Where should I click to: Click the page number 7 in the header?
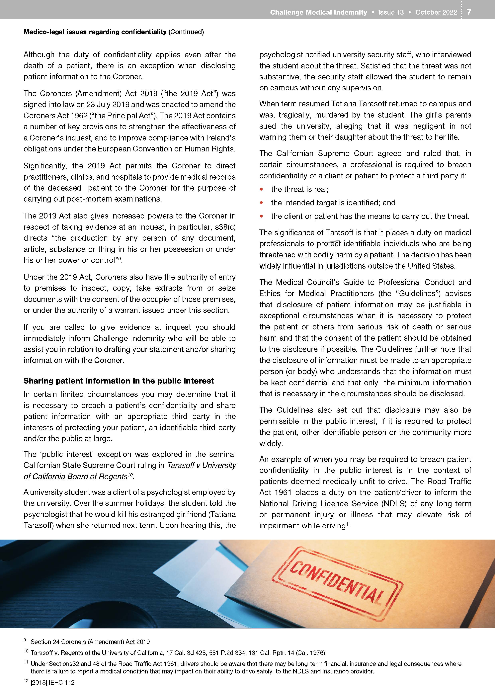pyautogui.click(x=469, y=12)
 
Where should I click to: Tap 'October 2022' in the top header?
pyautogui.click(x=436, y=12)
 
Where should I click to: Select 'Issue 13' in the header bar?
pyautogui.click(x=391, y=12)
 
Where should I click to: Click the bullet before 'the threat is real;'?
pyautogui.click(x=261, y=189)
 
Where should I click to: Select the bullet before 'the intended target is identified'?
pyautogui.click(x=261, y=203)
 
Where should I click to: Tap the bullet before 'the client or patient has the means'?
pyautogui.click(x=261, y=216)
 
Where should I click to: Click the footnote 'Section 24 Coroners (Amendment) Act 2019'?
pyautogui.click(x=90, y=642)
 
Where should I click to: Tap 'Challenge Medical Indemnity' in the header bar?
pyautogui.click(x=318, y=12)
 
